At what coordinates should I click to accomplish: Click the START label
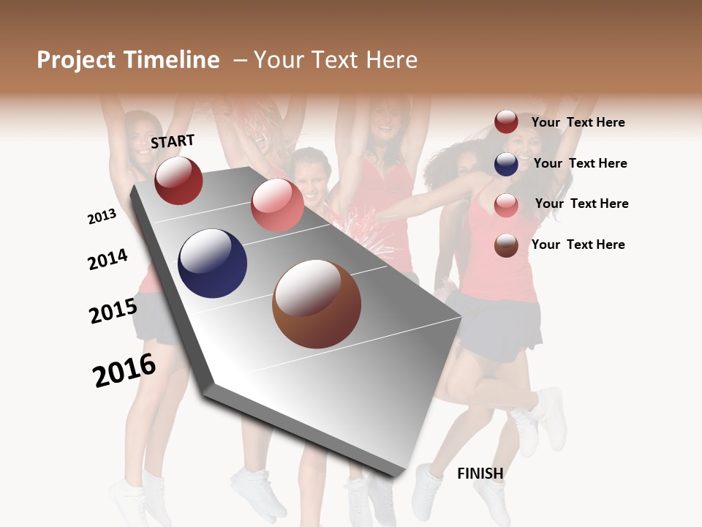[173, 141]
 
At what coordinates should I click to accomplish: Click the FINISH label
[480, 474]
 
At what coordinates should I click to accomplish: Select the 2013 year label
[102, 217]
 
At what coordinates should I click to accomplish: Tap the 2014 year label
[108, 260]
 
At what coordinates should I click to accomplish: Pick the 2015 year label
[113, 311]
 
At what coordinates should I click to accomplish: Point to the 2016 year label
[124, 371]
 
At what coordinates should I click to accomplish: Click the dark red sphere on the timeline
[178, 180]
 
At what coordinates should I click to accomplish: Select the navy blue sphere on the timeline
[212, 263]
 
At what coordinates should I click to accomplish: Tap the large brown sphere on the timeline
[317, 304]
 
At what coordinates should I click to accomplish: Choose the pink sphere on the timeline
[277, 205]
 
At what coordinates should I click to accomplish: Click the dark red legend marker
[506, 122]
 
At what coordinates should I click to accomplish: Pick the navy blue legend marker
[506, 164]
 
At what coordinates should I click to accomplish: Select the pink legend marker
[506, 205]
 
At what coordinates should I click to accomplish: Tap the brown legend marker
[506, 245]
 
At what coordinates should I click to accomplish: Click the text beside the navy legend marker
[580, 163]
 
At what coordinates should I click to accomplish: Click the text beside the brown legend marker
[578, 244]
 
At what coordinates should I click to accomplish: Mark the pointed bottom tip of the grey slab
[393, 474]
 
